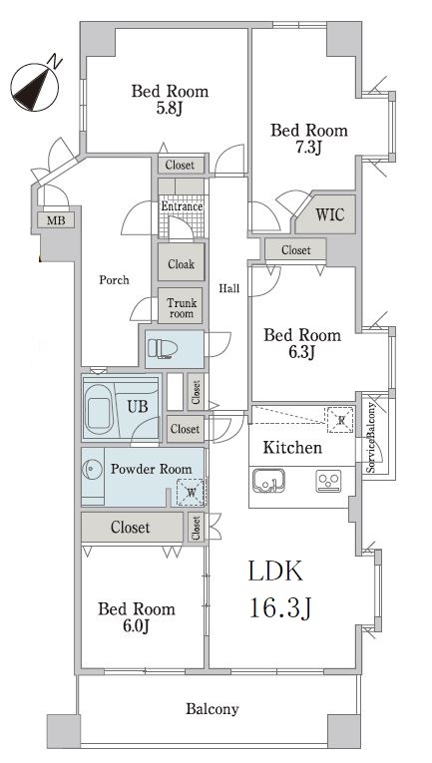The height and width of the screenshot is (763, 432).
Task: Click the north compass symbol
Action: click(35, 87)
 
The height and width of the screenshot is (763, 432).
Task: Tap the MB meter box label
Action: click(56, 220)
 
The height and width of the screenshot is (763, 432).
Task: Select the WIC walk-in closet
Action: click(326, 214)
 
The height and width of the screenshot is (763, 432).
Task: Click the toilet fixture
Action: click(163, 349)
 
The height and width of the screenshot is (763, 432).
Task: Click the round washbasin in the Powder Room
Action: click(92, 470)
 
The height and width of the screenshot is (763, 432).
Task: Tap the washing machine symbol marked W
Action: click(191, 493)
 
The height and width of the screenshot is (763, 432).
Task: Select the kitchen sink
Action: click(268, 481)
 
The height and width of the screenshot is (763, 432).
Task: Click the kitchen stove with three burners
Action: click(328, 482)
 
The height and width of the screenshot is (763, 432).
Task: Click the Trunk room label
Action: click(182, 308)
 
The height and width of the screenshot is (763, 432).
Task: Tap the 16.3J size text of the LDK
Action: click(280, 607)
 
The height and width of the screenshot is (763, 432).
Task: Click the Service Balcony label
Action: click(371, 438)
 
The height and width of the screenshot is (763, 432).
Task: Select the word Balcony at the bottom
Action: click(213, 709)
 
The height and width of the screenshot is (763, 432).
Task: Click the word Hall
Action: click(228, 288)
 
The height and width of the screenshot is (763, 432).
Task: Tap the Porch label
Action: click(115, 280)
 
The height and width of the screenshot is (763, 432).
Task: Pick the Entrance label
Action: click(182, 206)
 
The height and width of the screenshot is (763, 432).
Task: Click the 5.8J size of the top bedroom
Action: click(169, 108)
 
